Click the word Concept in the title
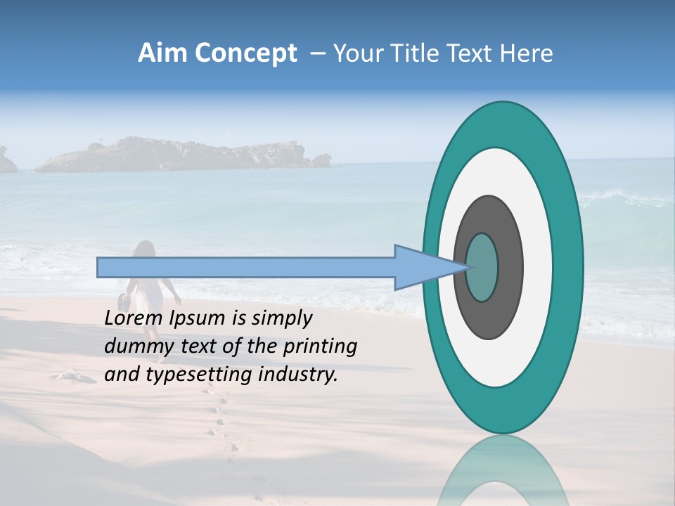pos(247,53)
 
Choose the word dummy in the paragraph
pos(136,346)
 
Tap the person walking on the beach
pos(146,288)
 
